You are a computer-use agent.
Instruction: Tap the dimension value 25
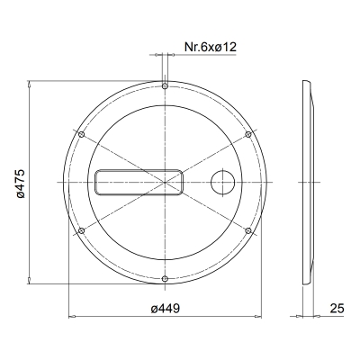(337, 308)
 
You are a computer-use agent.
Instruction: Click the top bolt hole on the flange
(166, 86)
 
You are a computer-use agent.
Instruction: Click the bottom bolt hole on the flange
(166, 278)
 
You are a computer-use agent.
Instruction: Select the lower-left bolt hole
(82, 230)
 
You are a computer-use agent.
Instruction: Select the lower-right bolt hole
(249, 230)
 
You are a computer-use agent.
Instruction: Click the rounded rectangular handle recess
(137, 182)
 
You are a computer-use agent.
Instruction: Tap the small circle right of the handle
(220, 182)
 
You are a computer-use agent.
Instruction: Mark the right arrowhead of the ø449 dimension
(258, 317)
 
